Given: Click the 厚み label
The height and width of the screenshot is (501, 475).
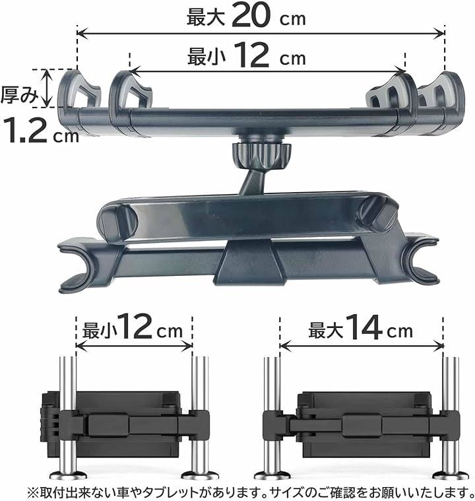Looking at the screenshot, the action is click(18, 95).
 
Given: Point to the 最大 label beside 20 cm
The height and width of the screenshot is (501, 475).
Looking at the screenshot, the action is click(206, 17).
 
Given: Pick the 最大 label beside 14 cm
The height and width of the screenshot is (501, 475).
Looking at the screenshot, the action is click(325, 330).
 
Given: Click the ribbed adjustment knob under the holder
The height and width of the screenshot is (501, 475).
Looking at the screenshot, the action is click(262, 156).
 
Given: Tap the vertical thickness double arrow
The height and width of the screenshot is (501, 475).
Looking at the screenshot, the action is click(47, 88).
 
